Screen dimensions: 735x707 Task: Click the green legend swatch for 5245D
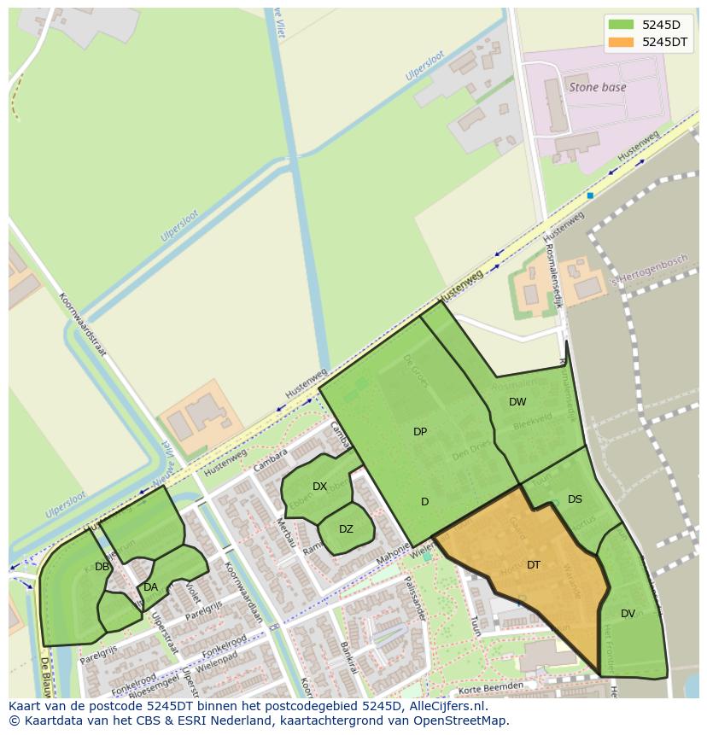tap(621, 24)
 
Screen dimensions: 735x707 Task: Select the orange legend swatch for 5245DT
tap(621, 41)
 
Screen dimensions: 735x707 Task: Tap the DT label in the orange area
tap(534, 565)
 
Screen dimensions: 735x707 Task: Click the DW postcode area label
tap(517, 402)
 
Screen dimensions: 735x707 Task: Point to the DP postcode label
tap(420, 432)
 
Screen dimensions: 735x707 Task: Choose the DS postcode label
tap(575, 499)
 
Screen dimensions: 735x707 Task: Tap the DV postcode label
tap(628, 614)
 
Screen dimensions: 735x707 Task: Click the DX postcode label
tap(319, 487)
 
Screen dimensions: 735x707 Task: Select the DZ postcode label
tap(346, 529)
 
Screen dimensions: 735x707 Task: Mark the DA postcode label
tap(150, 587)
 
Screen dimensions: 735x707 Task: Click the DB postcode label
tap(102, 567)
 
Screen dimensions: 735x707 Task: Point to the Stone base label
tap(598, 87)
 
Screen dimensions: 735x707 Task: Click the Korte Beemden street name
tap(490, 686)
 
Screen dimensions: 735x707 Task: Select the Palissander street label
tap(418, 598)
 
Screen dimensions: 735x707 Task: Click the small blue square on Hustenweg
tap(590, 195)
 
